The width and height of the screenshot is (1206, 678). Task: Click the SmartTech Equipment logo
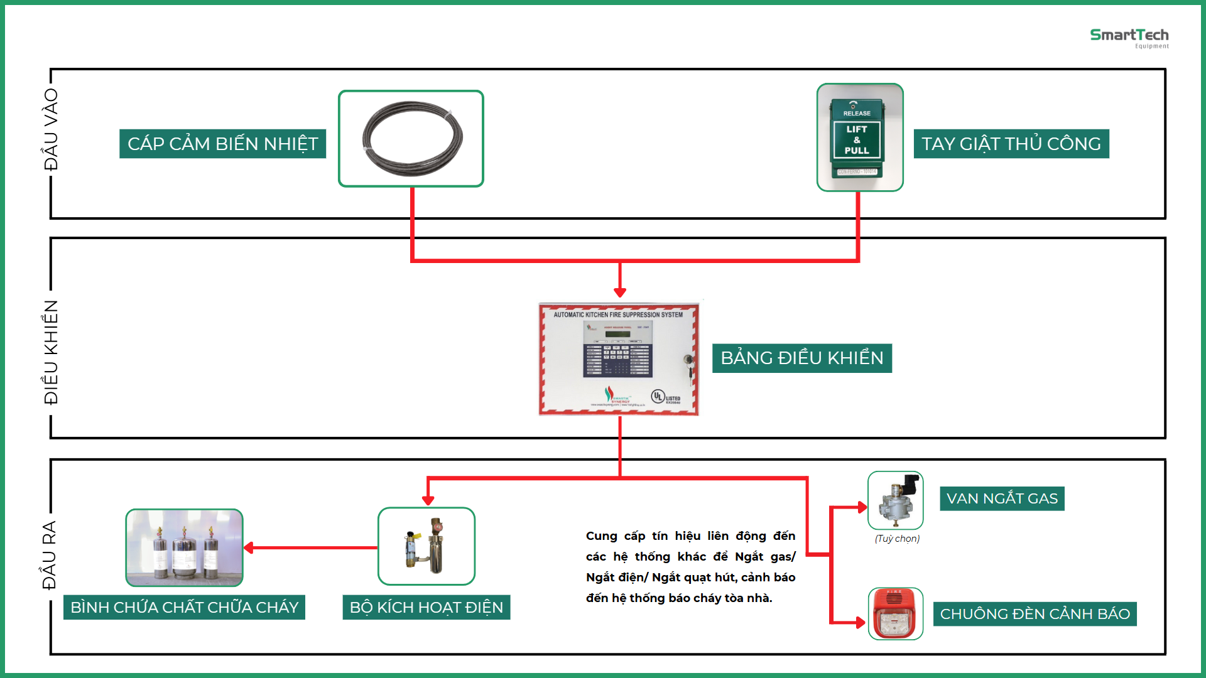[1129, 38]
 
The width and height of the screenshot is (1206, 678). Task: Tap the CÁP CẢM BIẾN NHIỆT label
[222, 144]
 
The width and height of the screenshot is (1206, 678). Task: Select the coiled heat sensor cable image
[411, 139]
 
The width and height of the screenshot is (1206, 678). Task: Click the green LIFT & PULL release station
[858, 137]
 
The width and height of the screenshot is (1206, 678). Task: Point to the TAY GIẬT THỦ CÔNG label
[1011, 144]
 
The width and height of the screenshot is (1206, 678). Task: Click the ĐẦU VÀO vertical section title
[50, 129]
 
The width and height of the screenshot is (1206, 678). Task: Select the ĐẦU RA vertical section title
[49, 555]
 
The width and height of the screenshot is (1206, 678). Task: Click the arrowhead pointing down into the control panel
[620, 292]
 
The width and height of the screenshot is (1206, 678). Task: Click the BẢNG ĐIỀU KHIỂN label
[801, 358]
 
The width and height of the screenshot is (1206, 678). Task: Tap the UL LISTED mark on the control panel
[665, 397]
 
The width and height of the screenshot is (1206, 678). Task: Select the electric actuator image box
[426, 546]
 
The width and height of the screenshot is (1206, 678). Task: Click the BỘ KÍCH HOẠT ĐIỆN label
[426, 608]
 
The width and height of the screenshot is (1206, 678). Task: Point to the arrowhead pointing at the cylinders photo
[249, 547]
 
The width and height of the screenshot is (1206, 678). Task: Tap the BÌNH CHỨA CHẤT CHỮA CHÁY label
[184, 608]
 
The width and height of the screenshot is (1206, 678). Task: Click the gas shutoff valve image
[896, 500]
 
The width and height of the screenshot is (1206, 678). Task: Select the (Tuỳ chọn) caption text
[897, 539]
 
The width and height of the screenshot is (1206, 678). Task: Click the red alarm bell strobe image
[896, 614]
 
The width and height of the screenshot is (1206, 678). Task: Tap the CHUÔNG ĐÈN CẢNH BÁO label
[1035, 614]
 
